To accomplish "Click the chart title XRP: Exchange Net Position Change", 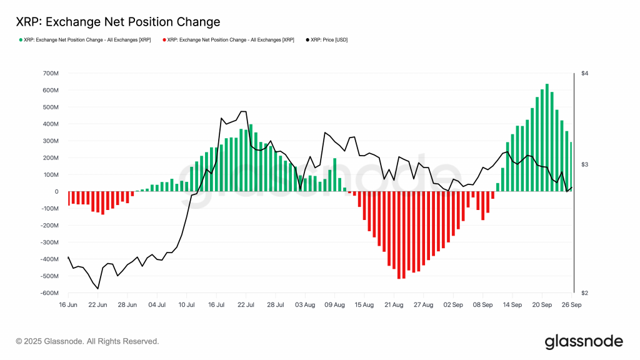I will (117, 22).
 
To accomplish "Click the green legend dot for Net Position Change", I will (21, 40).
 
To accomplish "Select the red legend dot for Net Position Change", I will (164, 40).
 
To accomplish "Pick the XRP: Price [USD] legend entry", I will (326, 40).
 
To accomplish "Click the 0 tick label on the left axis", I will (56, 192).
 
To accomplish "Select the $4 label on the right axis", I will (585, 74).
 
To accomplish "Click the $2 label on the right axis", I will (585, 293).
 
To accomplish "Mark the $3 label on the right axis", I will (585, 164).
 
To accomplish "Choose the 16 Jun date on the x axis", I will (68, 305).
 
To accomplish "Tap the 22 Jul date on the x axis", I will (246, 305).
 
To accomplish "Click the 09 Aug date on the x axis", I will (334, 305).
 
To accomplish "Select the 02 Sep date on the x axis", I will (452, 305).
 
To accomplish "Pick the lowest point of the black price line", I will (98, 289).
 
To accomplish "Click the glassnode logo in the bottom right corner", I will (584, 341).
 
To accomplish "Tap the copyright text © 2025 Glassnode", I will (87, 341).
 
